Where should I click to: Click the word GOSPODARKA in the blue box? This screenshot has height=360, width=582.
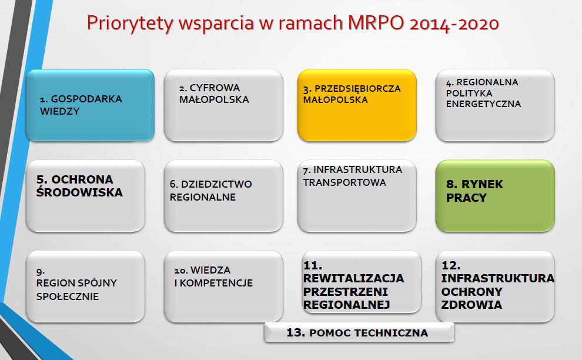[86, 99]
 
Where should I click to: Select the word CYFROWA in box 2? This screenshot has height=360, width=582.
[215, 88]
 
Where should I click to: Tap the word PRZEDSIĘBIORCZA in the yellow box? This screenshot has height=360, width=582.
[357, 89]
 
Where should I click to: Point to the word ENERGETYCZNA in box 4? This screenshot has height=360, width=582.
[483, 104]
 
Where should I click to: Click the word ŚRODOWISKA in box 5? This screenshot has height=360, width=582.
[79, 192]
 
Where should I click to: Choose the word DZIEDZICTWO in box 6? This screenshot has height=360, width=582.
[216, 184]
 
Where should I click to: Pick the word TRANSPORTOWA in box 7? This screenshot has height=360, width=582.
[344, 182]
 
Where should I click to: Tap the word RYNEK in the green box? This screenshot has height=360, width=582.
[482, 184]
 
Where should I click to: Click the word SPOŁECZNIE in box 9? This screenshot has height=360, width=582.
[68, 296]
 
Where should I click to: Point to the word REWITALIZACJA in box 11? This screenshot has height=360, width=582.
[353, 279]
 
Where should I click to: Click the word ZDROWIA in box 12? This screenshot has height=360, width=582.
[471, 305]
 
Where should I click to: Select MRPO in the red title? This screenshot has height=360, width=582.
[376, 23]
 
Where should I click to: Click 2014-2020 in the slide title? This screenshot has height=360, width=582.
[454, 24]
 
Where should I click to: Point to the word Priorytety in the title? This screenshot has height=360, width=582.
[131, 24]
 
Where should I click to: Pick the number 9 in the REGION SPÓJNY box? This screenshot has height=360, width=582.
[40, 272]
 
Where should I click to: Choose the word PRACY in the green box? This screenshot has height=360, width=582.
[466, 198]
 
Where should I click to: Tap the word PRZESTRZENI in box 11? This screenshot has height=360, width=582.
[346, 292]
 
